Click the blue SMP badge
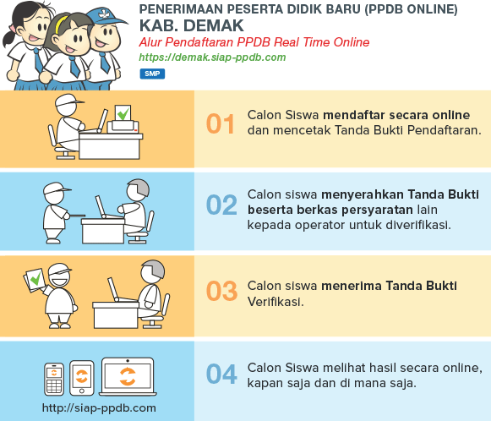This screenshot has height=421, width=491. (x=152, y=74)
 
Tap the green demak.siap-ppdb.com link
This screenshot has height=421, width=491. (x=212, y=57)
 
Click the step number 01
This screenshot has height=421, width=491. (x=220, y=124)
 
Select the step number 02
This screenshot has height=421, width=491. (x=221, y=205)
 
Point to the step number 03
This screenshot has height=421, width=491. (x=221, y=291)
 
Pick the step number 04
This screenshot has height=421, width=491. (x=221, y=374)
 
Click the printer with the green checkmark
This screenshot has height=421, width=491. (x=123, y=120)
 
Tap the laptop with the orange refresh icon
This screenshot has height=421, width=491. (x=128, y=376)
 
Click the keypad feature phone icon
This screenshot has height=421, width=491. (x=54, y=379)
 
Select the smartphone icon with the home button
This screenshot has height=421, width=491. (x=81, y=378)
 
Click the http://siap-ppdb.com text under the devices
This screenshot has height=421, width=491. (x=99, y=407)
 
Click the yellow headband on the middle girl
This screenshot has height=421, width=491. (x=61, y=25)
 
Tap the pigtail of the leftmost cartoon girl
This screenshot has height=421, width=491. (x=8, y=36)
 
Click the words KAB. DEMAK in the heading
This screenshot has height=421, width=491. (x=191, y=25)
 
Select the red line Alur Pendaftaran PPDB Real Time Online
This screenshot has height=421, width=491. (x=254, y=42)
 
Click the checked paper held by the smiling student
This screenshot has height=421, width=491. (x=35, y=279)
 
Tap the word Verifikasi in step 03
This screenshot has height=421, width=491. (x=276, y=302)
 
